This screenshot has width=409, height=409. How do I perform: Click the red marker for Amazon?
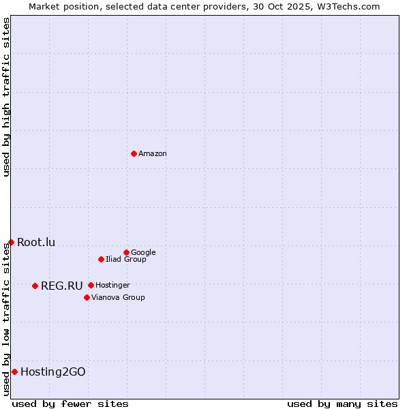pos(134,153)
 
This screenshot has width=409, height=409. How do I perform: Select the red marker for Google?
pos(126,252)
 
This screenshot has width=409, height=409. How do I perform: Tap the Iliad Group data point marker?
pos(101,259)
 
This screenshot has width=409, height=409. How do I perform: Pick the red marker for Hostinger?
pos(91,285)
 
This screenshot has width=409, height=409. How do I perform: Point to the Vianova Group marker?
pos(87,297)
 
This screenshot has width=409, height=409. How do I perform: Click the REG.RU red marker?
pos(35,286)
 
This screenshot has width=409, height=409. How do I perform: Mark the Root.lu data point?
pos(11,242)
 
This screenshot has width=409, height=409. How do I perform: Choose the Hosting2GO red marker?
pos(14,372)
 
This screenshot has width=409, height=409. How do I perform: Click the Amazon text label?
pos(153,154)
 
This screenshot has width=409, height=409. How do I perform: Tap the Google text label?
pos(143,253)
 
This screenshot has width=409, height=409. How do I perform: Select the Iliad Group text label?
pos(126,260)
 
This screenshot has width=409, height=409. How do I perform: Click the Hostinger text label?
pos(112,286)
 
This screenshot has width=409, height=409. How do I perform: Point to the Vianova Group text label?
pos(118,298)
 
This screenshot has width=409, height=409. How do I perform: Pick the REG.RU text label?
pos(61,286)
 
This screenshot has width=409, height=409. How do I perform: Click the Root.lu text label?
pos(36,243)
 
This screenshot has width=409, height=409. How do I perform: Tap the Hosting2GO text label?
pos(53,372)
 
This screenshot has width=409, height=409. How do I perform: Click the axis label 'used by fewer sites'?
pos(70,404)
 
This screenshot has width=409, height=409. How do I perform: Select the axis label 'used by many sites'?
pos(342,404)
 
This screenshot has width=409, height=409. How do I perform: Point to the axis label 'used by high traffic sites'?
pos(6,97)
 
